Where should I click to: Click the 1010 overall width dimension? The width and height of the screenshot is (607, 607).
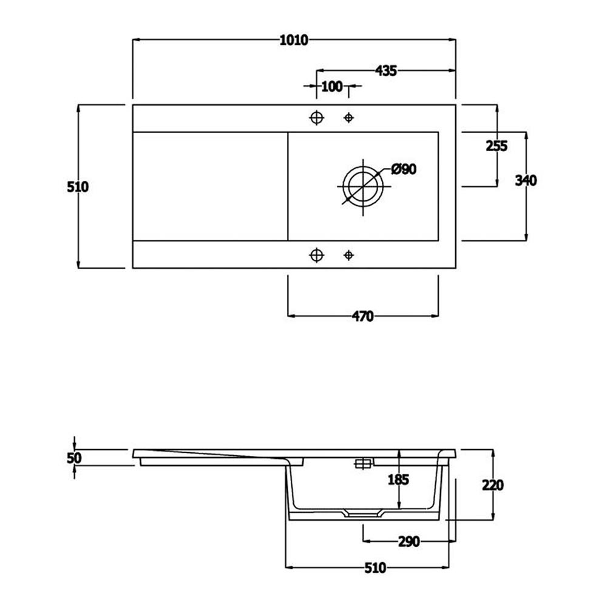click(294, 40)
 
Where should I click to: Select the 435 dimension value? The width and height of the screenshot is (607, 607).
click(386, 70)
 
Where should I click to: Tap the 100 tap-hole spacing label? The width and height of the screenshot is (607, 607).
click(331, 86)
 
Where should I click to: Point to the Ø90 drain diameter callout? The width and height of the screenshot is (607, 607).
click(404, 169)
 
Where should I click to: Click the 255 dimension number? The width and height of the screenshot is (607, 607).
click(497, 146)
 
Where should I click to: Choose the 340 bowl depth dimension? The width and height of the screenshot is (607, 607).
click(526, 180)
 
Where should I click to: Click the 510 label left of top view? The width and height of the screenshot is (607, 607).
click(78, 187)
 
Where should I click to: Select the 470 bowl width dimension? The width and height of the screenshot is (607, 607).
click(362, 316)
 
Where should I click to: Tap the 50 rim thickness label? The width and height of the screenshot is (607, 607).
click(74, 458)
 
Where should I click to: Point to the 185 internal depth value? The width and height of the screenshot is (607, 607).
click(398, 480)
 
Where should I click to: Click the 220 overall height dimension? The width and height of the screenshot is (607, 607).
click(492, 485)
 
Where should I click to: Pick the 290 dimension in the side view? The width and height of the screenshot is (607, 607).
click(409, 541)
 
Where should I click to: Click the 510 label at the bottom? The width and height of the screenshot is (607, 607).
click(375, 568)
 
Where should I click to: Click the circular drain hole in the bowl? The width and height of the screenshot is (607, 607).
click(363, 185)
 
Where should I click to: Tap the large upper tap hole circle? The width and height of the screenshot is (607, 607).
click(316, 117)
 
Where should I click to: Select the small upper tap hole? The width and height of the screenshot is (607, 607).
click(348, 117)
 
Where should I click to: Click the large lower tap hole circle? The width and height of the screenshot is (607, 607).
click(316, 255)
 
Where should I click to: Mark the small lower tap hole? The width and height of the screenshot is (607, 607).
click(348, 255)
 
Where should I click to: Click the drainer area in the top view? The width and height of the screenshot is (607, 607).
click(209, 186)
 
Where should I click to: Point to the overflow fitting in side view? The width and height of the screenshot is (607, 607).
click(363, 464)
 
